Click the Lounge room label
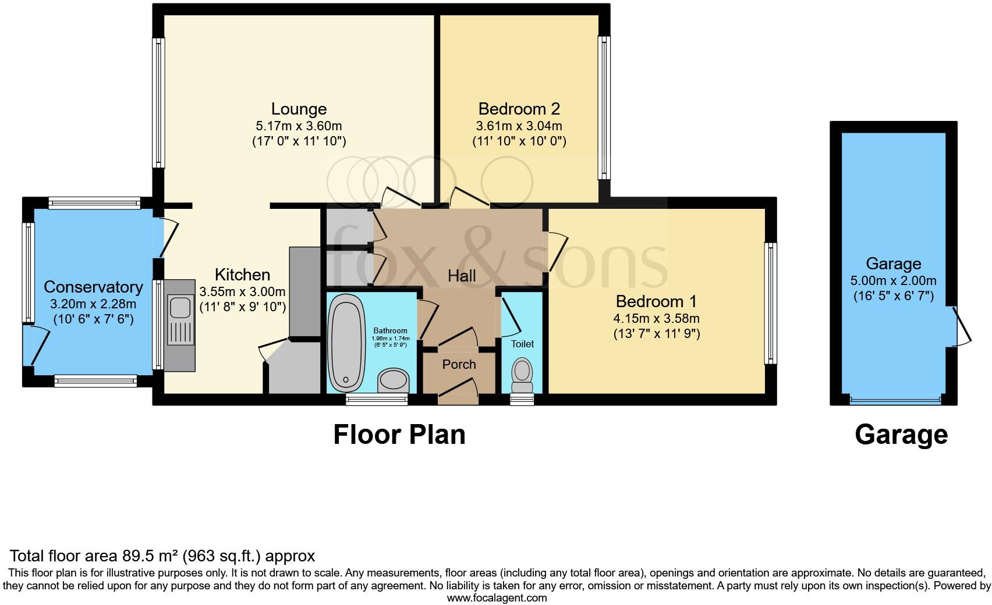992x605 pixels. (299, 109)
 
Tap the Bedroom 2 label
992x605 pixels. (519, 109)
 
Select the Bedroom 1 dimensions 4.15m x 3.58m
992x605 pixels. (656, 318)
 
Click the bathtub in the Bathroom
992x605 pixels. (346, 343)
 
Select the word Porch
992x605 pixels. (459, 364)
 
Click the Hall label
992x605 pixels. (462, 276)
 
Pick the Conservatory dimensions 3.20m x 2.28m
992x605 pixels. (93, 304)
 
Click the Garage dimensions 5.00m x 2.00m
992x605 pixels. (893, 280)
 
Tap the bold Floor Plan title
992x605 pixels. (399, 435)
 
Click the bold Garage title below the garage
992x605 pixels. (901, 435)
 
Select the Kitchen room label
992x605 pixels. (242, 275)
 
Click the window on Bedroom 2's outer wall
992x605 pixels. (604, 108)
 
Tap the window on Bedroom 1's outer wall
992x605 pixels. (771, 303)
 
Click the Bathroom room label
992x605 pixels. (390, 330)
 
